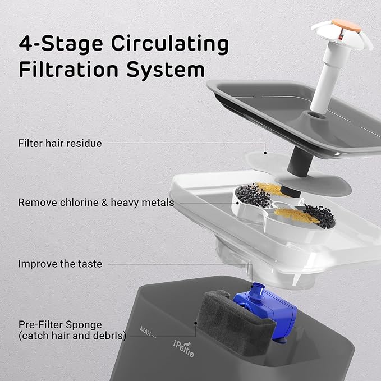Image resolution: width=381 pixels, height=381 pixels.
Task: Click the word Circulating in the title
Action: tap(170, 44)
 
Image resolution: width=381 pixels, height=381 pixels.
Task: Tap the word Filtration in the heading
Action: tap(68, 69)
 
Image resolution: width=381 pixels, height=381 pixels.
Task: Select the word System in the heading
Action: tap(166, 71)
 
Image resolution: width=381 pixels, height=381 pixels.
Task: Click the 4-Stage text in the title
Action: tap(61, 44)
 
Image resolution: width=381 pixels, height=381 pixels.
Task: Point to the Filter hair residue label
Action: tap(60, 143)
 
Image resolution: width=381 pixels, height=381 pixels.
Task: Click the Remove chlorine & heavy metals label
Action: tap(96, 203)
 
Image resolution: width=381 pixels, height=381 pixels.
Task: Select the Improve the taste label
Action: tap(60, 264)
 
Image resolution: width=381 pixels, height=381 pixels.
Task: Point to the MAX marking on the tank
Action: tap(145, 330)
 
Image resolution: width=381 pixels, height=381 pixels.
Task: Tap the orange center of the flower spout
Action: tap(346, 25)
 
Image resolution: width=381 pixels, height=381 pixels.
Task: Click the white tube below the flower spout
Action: tap(325, 80)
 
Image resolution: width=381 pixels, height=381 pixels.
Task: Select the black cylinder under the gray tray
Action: tap(300, 160)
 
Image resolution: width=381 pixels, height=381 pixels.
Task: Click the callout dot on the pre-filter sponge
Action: tap(195, 323)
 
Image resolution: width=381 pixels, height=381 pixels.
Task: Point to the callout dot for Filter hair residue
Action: tap(265, 153)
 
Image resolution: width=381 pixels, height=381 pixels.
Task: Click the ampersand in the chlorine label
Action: tap(104, 203)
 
